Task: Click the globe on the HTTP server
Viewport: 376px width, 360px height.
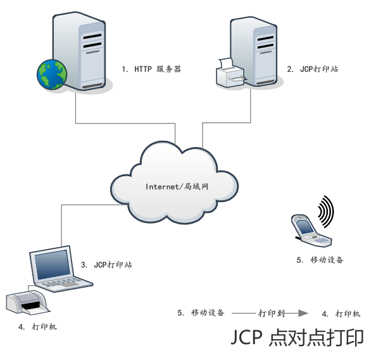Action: (x=52, y=74)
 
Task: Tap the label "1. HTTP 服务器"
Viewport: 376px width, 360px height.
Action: (x=151, y=69)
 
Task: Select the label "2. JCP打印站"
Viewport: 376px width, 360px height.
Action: (x=313, y=69)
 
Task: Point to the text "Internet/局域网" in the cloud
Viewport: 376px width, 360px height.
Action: (x=177, y=186)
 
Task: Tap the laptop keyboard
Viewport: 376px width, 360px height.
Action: (x=63, y=284)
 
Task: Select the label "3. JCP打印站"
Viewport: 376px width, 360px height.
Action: (x=106, y=265)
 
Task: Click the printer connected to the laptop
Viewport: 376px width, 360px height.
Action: (x=27, y=302)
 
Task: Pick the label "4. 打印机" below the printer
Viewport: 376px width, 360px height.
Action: (x=37, y=327)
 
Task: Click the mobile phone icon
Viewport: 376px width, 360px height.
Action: (x=311, y=231)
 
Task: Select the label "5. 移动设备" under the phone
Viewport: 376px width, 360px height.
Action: (x=320, y=260)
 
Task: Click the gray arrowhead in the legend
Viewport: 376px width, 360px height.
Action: (x=303, y=313)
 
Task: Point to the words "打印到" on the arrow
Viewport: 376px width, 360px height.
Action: (x=271, y=313)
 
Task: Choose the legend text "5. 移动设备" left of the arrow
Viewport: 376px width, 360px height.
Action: (x=201, y=312)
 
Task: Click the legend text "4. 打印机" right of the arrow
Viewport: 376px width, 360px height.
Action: (x=341, y=314)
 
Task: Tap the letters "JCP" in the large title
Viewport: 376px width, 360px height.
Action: (x=246, y=337)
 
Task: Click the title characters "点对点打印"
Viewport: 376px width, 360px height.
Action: (x=316, y=337)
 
